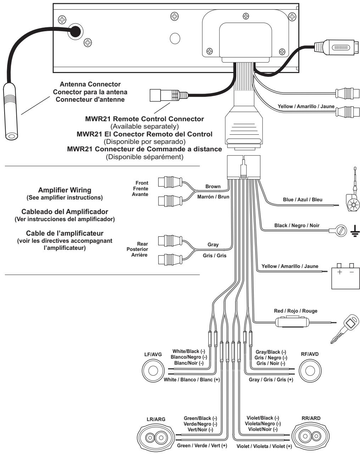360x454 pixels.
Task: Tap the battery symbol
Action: tap(345, 276)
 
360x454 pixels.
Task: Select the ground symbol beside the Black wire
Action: tap(355, 231)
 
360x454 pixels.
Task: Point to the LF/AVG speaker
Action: tap(153, 370)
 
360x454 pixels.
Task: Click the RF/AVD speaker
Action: tap(310, 370)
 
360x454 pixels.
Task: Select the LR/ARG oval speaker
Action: tap(156, 437)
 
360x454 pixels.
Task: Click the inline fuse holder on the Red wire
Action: tap(292, 321)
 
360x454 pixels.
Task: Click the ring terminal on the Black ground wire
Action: tap(341, 231)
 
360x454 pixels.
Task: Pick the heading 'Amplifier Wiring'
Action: tap(65, 190)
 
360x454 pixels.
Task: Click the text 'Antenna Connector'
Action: tap(90, 84)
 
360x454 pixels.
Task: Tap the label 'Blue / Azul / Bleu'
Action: tap(303, 200)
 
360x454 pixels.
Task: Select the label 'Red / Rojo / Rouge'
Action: tap(295, 311)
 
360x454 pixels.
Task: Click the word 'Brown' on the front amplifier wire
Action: tap(213, 186)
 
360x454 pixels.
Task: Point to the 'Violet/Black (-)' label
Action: tap(263, 418)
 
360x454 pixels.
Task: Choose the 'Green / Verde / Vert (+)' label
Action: tap(202, 445)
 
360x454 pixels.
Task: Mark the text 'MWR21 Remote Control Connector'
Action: tap(144, 119)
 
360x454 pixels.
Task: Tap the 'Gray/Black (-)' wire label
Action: tap(271, 352)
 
